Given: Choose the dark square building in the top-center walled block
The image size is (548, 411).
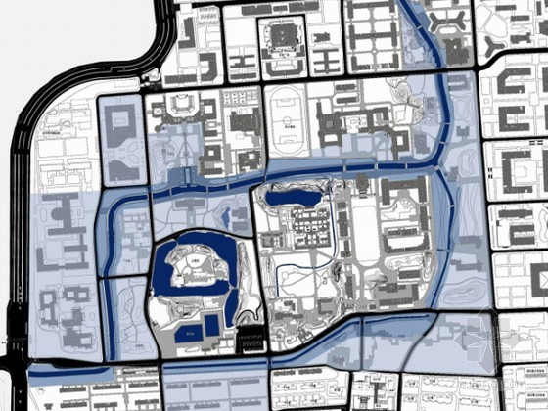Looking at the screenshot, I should pos(283,39).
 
